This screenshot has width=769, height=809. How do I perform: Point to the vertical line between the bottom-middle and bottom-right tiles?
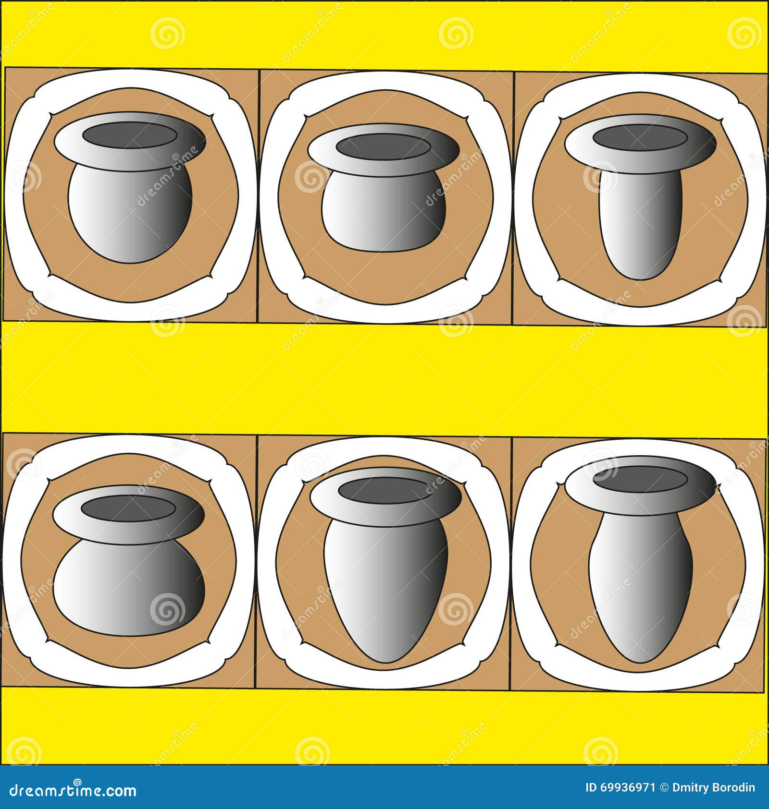click(511, 562)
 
